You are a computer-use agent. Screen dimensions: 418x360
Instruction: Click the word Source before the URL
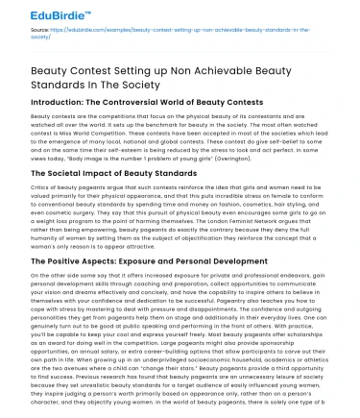[30, 32]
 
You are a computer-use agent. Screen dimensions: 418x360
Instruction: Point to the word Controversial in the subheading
[146, 111]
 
